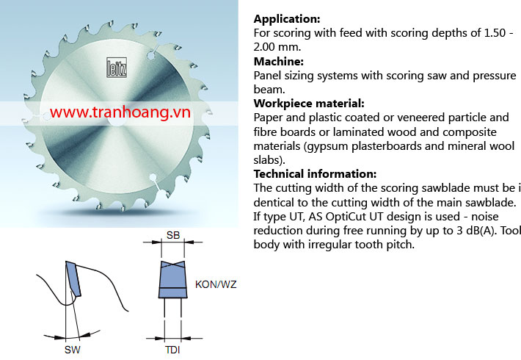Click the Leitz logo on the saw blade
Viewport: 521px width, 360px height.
tap(117, 68)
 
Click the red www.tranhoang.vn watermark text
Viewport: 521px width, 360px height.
tap(120, 112)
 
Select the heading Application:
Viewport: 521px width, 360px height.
tap(287, 19)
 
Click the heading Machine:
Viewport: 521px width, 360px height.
tap(278, 62)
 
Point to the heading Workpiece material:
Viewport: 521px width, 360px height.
tap(309, 104)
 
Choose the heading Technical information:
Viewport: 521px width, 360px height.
tap(315, 174)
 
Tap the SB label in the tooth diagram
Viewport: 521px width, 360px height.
tap(173, 235)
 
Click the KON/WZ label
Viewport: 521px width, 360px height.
tap(216, 284)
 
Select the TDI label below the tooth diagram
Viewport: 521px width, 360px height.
tap(172, 350)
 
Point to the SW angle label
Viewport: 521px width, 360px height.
tap(73, 350)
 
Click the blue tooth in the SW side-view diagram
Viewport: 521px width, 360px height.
tap(73, 278)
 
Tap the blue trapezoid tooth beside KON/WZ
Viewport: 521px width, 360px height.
tap(172, 279)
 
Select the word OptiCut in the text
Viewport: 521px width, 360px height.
tap(346, 217)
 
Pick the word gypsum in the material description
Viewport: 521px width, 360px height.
tap(327, 146)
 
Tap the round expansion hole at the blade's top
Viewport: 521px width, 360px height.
tap(151, 56)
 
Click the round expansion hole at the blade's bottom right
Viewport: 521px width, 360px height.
tap(153, 177)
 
